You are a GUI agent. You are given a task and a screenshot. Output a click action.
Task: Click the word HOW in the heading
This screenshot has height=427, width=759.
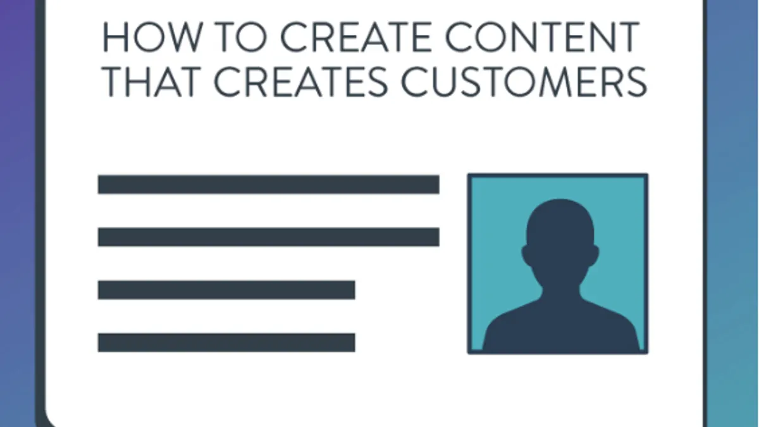click(152, 37)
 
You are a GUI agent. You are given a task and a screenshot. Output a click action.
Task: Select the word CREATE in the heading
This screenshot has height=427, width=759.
click(356, 37)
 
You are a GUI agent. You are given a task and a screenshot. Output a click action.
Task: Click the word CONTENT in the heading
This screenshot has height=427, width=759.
click(542, 37)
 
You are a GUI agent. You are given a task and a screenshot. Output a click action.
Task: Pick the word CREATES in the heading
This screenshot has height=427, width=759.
click(301, 82)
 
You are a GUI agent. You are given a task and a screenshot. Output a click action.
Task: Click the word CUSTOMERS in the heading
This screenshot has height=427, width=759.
click(524, 82)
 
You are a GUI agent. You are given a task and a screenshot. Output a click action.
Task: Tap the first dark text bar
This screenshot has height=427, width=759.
click(269, 184)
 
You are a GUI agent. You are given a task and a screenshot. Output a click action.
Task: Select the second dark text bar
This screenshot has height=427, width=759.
click(269, 237)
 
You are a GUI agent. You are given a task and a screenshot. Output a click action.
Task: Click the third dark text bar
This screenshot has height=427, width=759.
click(226, 290)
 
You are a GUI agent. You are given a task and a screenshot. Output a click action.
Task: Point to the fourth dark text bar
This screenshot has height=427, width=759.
click(226, 343)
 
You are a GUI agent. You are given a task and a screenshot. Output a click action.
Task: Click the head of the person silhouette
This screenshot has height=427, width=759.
click(560, 234)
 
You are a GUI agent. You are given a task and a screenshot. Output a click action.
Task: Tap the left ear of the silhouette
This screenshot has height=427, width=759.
click(526, 255)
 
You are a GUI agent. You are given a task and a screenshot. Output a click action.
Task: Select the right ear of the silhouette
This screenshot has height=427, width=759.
click(594, 255)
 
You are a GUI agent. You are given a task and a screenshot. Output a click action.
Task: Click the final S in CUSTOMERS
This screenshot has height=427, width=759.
click(636, 82)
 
